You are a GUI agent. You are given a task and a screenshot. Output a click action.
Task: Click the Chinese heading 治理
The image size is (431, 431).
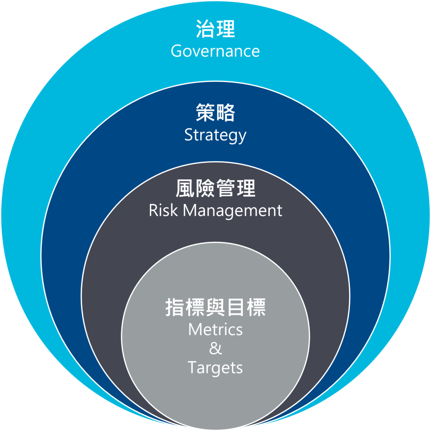[x=215, y=29]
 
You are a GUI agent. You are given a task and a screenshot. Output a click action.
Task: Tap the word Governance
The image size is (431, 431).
[x=215, y=51]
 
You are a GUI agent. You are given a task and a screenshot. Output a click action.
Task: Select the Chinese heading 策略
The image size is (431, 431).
[x=215, y=113]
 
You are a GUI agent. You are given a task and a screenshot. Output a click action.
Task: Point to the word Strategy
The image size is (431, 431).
[x=215, y=136]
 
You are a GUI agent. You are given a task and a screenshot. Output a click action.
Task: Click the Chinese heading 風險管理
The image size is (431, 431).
[x=215, y=189]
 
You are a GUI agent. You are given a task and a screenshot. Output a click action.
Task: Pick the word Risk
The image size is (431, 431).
[x=163, y=210]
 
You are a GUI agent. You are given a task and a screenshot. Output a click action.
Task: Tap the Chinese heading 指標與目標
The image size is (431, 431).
[x=215, y=308]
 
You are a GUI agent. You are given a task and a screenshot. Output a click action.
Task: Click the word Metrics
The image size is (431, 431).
[x=215, y=329]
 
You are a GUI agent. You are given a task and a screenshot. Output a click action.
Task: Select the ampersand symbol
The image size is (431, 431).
[x=215, y=349]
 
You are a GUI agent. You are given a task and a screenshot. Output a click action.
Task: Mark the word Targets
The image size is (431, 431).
[x=215, y=368]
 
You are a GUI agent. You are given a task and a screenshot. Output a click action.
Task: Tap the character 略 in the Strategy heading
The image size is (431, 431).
[x=226, y=113]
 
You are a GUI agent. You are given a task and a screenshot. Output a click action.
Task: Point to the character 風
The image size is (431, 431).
[x=185, y=189]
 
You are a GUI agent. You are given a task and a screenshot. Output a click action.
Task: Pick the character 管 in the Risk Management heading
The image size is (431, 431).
[x=226, y=189]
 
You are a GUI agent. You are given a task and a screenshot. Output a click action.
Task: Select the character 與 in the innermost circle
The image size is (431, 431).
[x=215, y=308]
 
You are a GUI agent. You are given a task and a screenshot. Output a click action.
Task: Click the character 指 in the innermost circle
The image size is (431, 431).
[x=175, y=308]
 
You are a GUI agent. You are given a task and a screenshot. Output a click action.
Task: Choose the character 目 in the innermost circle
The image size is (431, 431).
[x=236, y=308]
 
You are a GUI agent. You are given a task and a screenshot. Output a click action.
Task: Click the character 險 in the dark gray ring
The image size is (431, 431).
[x=205, y=189]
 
